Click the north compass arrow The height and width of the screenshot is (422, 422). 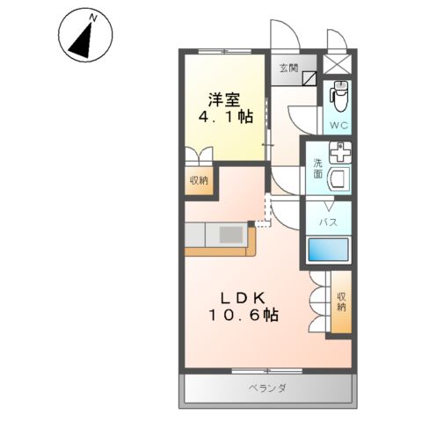point(84,40)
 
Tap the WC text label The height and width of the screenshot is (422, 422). point(338,126)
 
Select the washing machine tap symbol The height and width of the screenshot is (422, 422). point(339,151)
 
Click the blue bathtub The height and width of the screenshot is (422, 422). point(329,251)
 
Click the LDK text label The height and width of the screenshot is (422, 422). point(243,296)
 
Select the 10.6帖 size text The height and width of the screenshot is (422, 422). point(243,315)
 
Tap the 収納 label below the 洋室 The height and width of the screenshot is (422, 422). point(199,180)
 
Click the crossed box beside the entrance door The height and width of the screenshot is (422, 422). point(338,64)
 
